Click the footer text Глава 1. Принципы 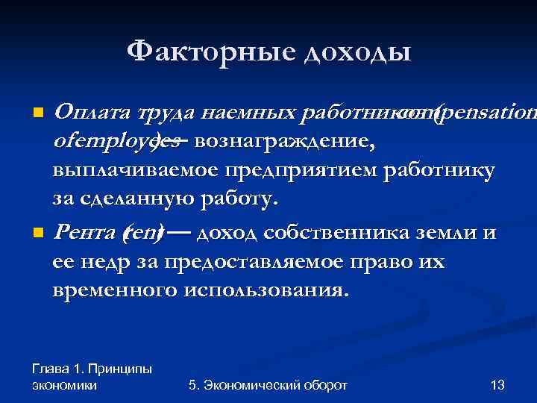[92, 369]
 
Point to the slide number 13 [497, 385]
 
